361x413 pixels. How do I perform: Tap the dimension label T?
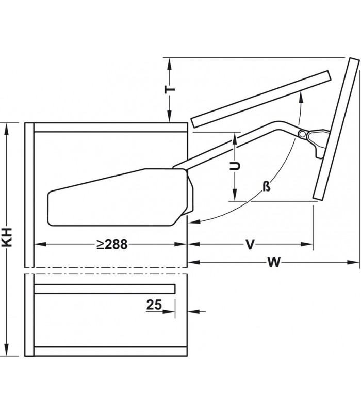[170, 90]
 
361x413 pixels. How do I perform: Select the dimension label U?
[235, 166]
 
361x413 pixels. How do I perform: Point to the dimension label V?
[250, 245]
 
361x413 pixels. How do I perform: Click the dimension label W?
[274, 263]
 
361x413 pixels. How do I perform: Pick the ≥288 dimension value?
[111, 245]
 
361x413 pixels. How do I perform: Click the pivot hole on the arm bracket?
[302, 134]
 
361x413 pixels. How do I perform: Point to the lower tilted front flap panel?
[335, 129]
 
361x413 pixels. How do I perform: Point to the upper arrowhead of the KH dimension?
[7, 126]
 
